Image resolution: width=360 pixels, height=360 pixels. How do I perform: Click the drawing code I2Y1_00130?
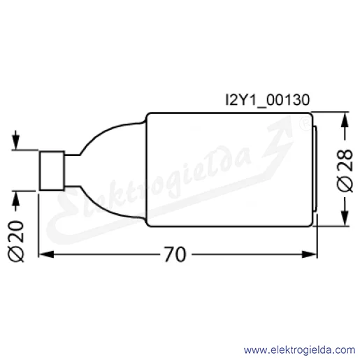point(268,100)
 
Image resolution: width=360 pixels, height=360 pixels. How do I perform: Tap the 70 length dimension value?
point(175,254)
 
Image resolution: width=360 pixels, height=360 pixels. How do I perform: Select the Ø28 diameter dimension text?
point(345,171)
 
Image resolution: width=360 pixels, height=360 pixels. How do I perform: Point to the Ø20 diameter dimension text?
point(16,241)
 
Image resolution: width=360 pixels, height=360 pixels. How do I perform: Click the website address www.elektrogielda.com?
point(299,350)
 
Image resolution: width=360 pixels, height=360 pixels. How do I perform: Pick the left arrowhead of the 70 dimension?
point(46,254)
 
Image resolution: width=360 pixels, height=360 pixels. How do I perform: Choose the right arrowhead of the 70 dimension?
point(310,254)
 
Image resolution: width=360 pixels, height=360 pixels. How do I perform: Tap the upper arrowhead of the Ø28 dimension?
point(345,120)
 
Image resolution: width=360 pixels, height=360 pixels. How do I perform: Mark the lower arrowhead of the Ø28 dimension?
point(345,218)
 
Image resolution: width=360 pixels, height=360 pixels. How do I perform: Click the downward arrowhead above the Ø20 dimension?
point(15,143)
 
